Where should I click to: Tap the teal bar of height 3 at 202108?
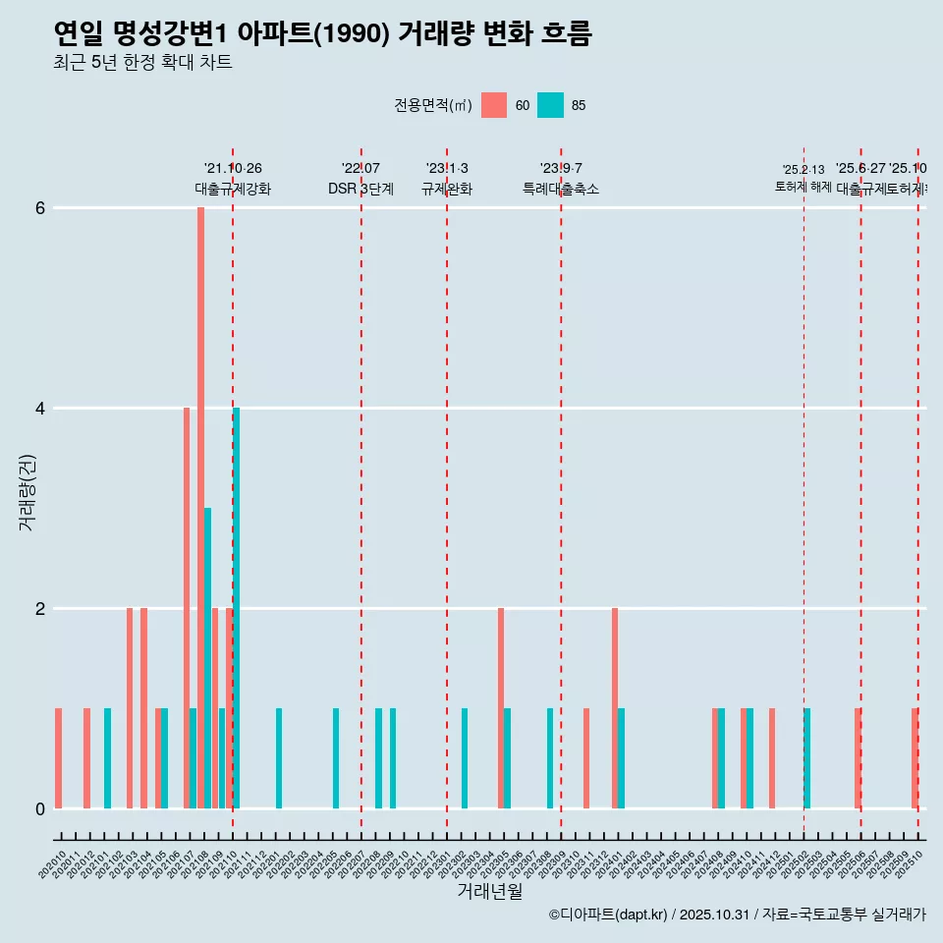(x=207, y=657)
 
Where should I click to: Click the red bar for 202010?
(x=58, y=757)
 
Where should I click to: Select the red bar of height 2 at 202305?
(x=500, y=707)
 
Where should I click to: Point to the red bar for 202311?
(x=586, y=757)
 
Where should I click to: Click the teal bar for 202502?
(x=807, y=757)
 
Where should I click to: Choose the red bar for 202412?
(x=772, y=757)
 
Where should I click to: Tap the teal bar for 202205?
(x=336, y=757)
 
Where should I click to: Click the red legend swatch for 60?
(x=494, y=105)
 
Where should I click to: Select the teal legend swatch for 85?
(x=551, y=105)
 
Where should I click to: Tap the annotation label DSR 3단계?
(x=361, y=189)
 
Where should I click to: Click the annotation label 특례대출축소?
(x=561, y=189)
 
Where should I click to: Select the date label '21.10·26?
(x=233, y=168)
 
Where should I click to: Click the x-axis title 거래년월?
(x=489, y=891)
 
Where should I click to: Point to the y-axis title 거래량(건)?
(x=27, y=491)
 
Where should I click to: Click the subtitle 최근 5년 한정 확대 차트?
(x=142, y=63)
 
